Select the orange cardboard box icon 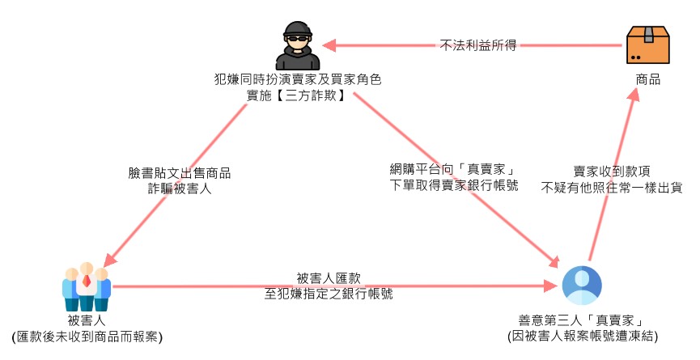pyautogui.click(x=649, y=44)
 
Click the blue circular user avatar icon pyautogui.click(x=582, y=286)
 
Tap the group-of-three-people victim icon pyautogui.click(x=86, y=287)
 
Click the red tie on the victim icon pyautogui.click(x=86, y=282)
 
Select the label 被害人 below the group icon pyautogui.click(x=86, y=321)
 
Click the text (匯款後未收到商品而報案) pyautogui.click(x=86, y=336)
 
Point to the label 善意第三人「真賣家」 pyautogui.click(x=582, y=320)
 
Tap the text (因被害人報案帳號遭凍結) pyautogui.click(x=582, y=335)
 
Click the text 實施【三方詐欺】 pyautogui.click(x=298, y=95)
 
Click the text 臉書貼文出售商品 pyautogui.click(x=180, y=173)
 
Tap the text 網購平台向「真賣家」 pyautogui.click(x=453, y=170)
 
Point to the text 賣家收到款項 pyautogui.click(x=612, y=172)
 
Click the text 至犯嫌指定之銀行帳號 pyautogui.click(x=329, y=294)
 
